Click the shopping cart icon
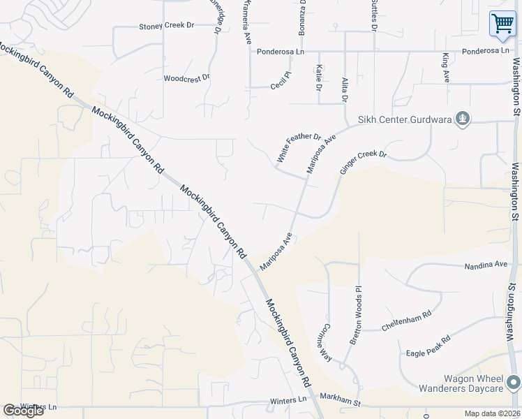tap(502, 24)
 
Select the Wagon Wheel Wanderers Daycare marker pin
tap(514, 383)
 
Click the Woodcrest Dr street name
tap(186, 79)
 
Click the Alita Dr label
tap(344, 89)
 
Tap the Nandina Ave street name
tap(486, 265)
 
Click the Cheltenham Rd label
tap(407, 320)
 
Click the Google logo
tap(23, 411)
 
